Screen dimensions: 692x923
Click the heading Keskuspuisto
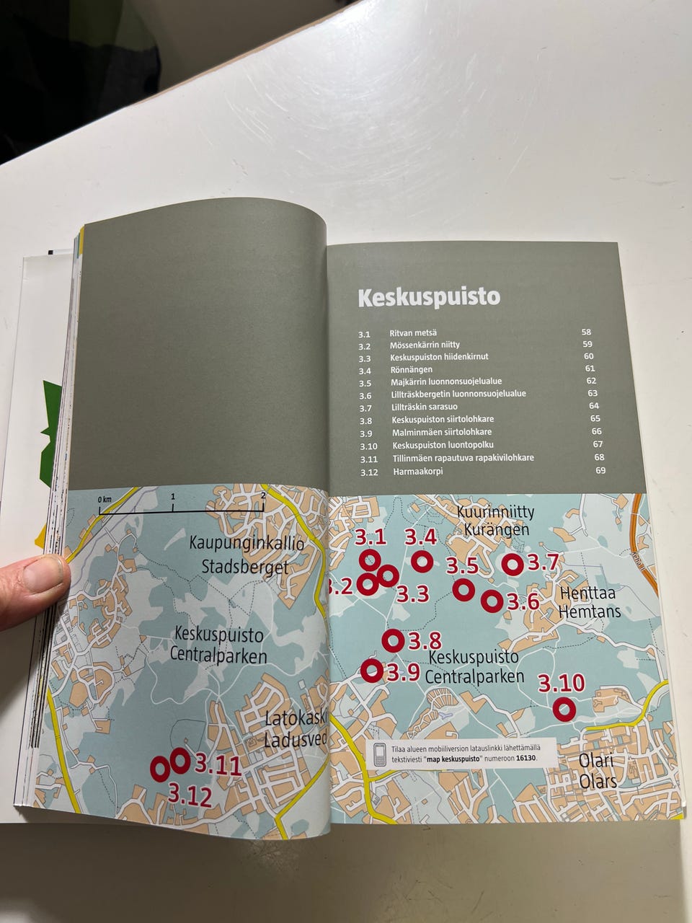(x=429, y=297)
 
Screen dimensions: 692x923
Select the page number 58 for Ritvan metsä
(x=586, y=332)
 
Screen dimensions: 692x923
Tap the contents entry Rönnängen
(x=412, y=370)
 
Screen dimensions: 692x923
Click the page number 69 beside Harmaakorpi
(x=600, y=470)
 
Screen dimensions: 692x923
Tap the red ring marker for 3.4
(x=422, y=560)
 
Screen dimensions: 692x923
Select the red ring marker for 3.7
(x=513, y=565)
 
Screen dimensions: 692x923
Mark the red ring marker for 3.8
(x=393, y=640)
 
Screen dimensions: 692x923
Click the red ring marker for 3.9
(x=371, y=670)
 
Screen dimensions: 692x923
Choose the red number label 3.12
(x=190, y=796)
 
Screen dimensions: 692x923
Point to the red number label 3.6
(x=523, y=601)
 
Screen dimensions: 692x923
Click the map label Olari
(x=596, y=761)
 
